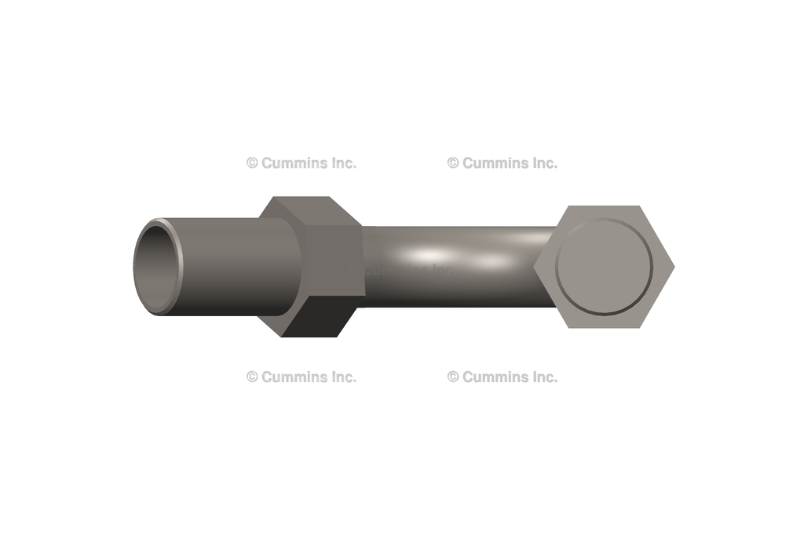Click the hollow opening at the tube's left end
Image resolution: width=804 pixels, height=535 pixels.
coord(155,267)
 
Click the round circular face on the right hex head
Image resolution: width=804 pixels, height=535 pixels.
coord(604,267)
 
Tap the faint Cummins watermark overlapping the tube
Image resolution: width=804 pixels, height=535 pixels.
coord(408,271)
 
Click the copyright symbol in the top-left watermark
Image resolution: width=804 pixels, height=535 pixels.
coord(252,163)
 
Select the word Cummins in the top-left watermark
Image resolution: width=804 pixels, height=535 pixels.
coord(292,163)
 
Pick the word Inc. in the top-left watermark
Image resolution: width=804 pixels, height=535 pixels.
coord(342,163)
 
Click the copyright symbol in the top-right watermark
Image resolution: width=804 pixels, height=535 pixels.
coord(453,163)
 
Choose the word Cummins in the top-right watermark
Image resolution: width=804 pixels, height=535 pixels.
coord(493,163)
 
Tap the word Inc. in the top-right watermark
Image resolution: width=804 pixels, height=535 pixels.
coord(543,163)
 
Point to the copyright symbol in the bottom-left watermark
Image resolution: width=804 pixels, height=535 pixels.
coord(252,377)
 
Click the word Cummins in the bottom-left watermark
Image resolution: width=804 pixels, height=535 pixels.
coord(292,377)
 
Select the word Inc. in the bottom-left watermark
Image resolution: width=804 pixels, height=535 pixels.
coord(342,377)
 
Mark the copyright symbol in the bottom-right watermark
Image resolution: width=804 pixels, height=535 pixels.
coord(453,377)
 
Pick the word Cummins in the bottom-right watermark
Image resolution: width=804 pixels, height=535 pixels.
coord(493,377)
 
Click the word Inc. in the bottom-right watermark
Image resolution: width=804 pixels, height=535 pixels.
coord(543,377)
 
